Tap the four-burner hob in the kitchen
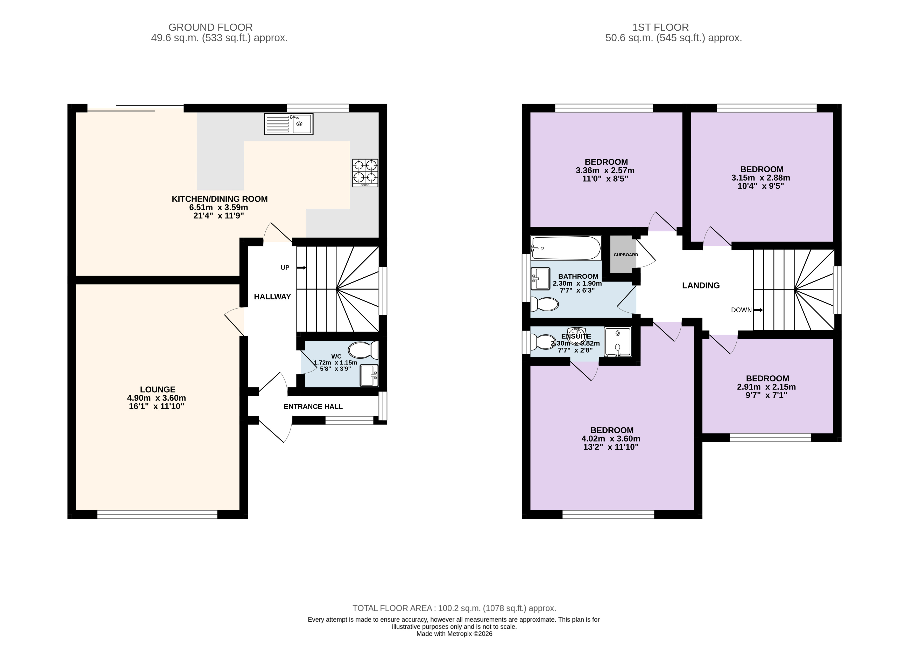pyautogui.click(x=365, y=173)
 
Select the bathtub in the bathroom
pyautogui.click(x=566, y=248)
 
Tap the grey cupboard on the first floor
pyautogui.click(x=623, y=254)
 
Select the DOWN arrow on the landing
pyautogui.click(x=758, y=310)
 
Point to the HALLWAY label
pyautogui.click(x=272, y=296)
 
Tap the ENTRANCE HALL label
pyautogui.click(x=313, y=406)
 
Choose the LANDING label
pyautogui.click(x=701, y=285)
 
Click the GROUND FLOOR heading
pyautogui.click(x=210, y=27)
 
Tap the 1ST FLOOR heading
pyautogui.click(x=660, y=27)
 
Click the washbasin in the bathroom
pyautogui.click(x=540, y=278)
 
